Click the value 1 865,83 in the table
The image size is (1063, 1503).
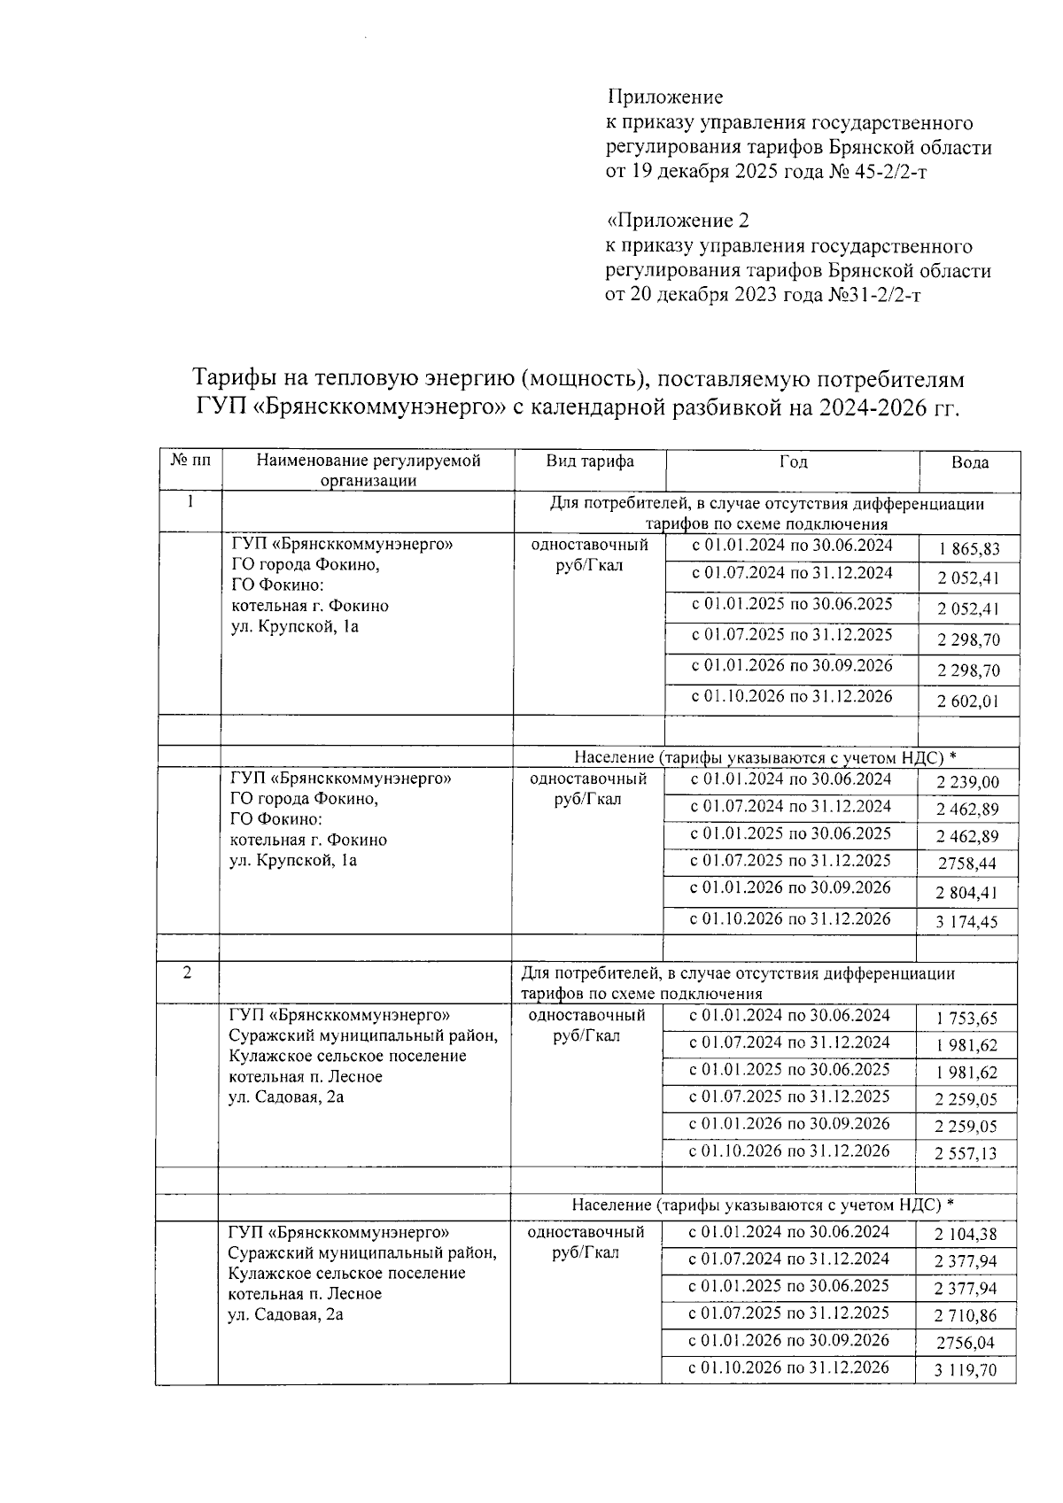[x=969, y=550]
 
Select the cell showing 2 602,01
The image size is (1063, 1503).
[x=969, y=702]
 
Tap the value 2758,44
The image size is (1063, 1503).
[x=967, y=864]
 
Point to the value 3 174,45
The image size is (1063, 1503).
[x=967, y=922]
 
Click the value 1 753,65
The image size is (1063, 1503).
[x=966, y=1019]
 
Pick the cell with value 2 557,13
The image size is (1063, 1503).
[x=966, y=1153]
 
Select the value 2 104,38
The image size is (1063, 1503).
[x=966, y=1235]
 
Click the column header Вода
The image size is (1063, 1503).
[x=970, y=462]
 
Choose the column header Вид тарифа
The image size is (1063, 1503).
[x=589, y=461]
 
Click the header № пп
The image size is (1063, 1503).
[x=190, y=461]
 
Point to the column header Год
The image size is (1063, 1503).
[x=793, y=461]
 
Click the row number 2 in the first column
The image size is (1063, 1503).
[x=187, y=972]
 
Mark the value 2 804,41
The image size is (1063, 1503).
[x=967, y=893]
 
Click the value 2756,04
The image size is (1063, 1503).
[x=966, y=1343]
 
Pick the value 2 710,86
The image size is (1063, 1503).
[x=966, y=1316]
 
